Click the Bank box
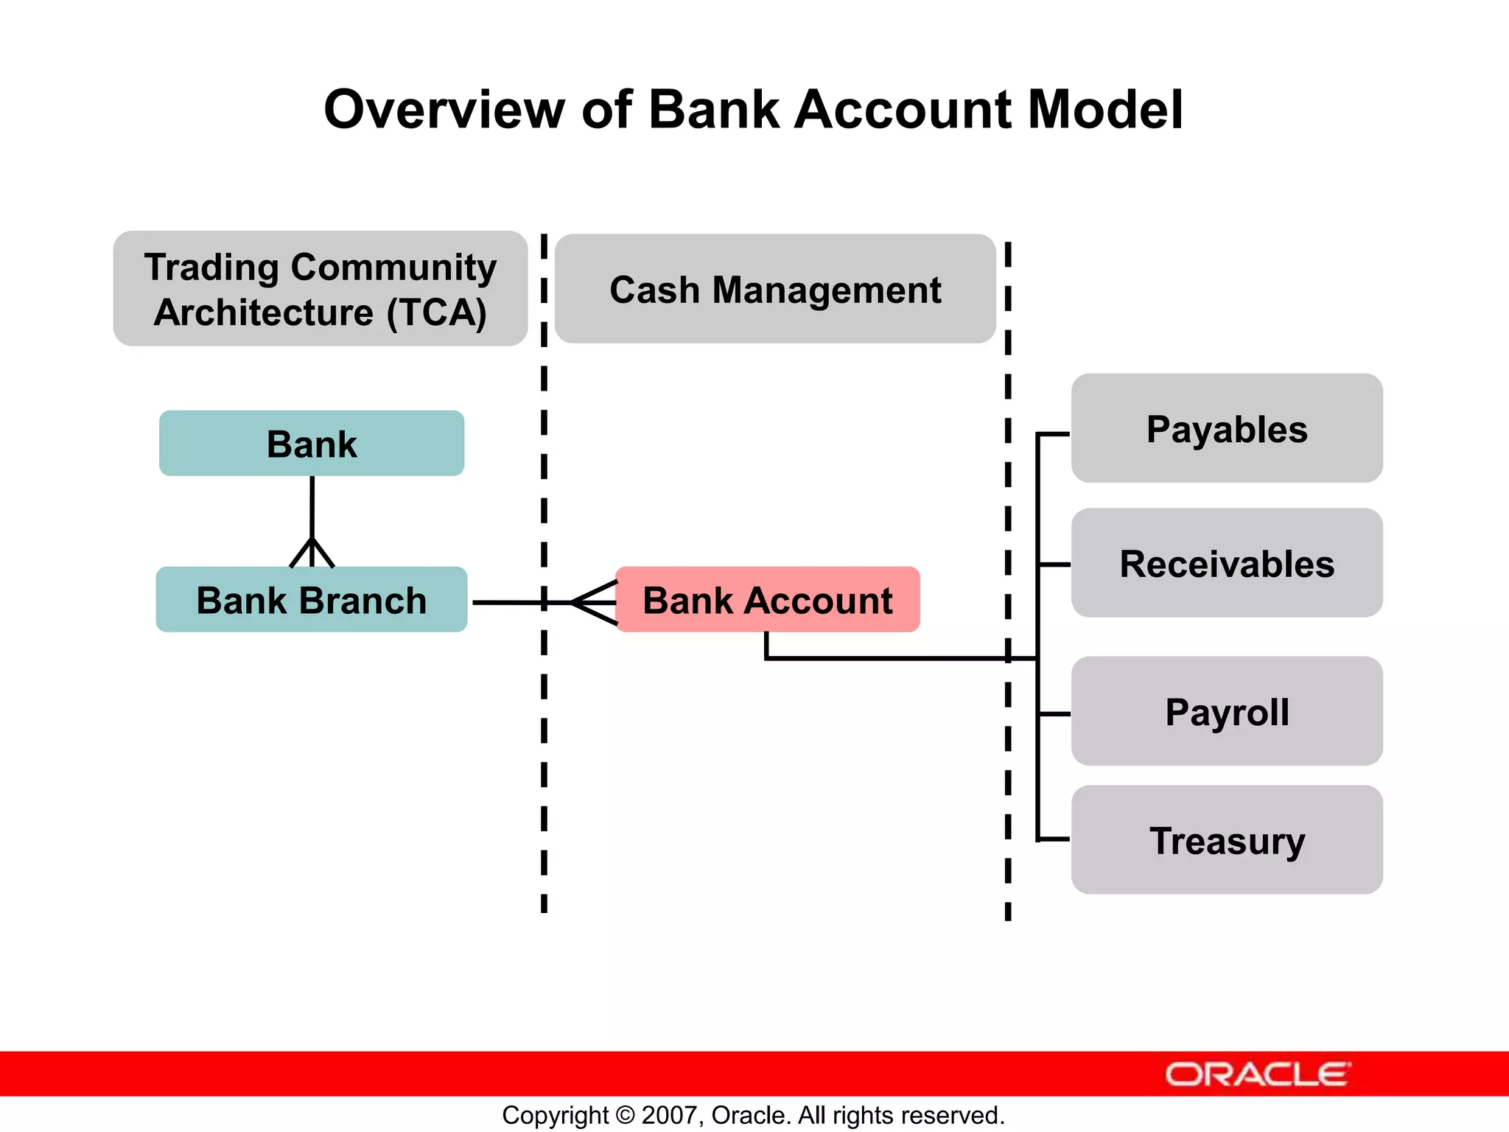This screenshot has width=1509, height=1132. click(x=312, y=444)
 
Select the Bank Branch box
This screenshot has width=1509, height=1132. click(x=312, y=600)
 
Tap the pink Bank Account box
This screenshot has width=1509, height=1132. click(x=768, y=600)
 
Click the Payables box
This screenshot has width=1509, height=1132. click(x=1227, y=429)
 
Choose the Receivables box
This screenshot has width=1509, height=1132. click(x=1227, y=564)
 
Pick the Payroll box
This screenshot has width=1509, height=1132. click(x=1227, y=712)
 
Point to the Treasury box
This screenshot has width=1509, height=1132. click(x=1227, y=840)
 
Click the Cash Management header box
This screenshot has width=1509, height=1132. click(x=775, y=289)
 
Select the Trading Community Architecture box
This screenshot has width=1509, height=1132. click(x=321, y=289)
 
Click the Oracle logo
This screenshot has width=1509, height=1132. click(x=1257, y=1075)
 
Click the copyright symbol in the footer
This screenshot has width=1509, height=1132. click(x=625, y=1115)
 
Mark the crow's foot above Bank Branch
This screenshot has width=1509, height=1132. click(x=312, y=553)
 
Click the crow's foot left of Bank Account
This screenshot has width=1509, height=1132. click(x=594, y=603)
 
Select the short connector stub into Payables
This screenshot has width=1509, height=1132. click(x=1054, y=435)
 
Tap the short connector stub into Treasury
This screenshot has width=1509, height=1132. click(x=1054, y=839)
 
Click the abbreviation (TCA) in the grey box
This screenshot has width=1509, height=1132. click(x=437, y=312)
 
